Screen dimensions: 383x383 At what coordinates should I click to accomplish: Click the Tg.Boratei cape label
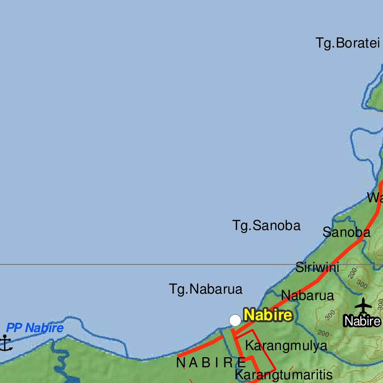click(348, 43)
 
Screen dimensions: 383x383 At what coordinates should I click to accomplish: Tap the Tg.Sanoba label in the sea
click(266, 226)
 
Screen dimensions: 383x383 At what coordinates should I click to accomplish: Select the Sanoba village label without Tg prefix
click(346, 232)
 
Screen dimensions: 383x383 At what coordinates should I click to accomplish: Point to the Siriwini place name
click(317, 267)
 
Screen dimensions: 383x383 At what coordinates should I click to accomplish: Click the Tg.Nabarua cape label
click(206, 289)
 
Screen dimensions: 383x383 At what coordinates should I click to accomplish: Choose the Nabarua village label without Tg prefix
click(307, 295)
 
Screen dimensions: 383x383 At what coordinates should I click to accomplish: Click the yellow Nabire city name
click(268, 315)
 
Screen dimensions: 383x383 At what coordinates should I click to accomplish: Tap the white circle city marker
click(235, 320)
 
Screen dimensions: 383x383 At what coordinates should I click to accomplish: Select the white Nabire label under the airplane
click(362, 321)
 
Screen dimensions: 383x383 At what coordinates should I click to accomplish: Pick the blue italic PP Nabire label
click(35, 328)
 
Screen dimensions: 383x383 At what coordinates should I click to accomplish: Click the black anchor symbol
click(5, 343)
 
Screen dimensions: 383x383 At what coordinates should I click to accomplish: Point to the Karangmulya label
click(286, 346)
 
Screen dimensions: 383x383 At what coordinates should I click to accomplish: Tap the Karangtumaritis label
click(284, 374)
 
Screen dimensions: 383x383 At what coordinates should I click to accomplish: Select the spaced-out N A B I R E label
click(211, 362)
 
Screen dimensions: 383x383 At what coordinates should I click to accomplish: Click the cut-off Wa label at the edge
click(375, 197)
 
